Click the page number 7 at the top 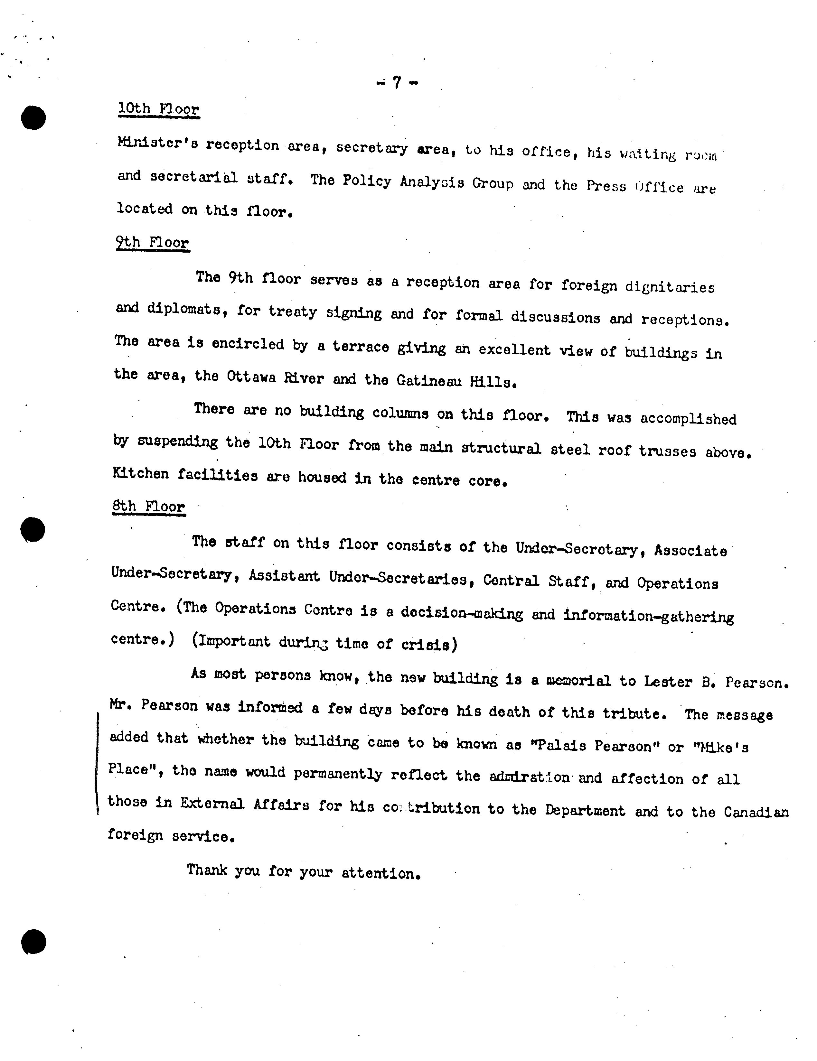coord(397,83)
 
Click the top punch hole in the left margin coord(33,117)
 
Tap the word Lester coord(668,682)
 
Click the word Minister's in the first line coord(157,144)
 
